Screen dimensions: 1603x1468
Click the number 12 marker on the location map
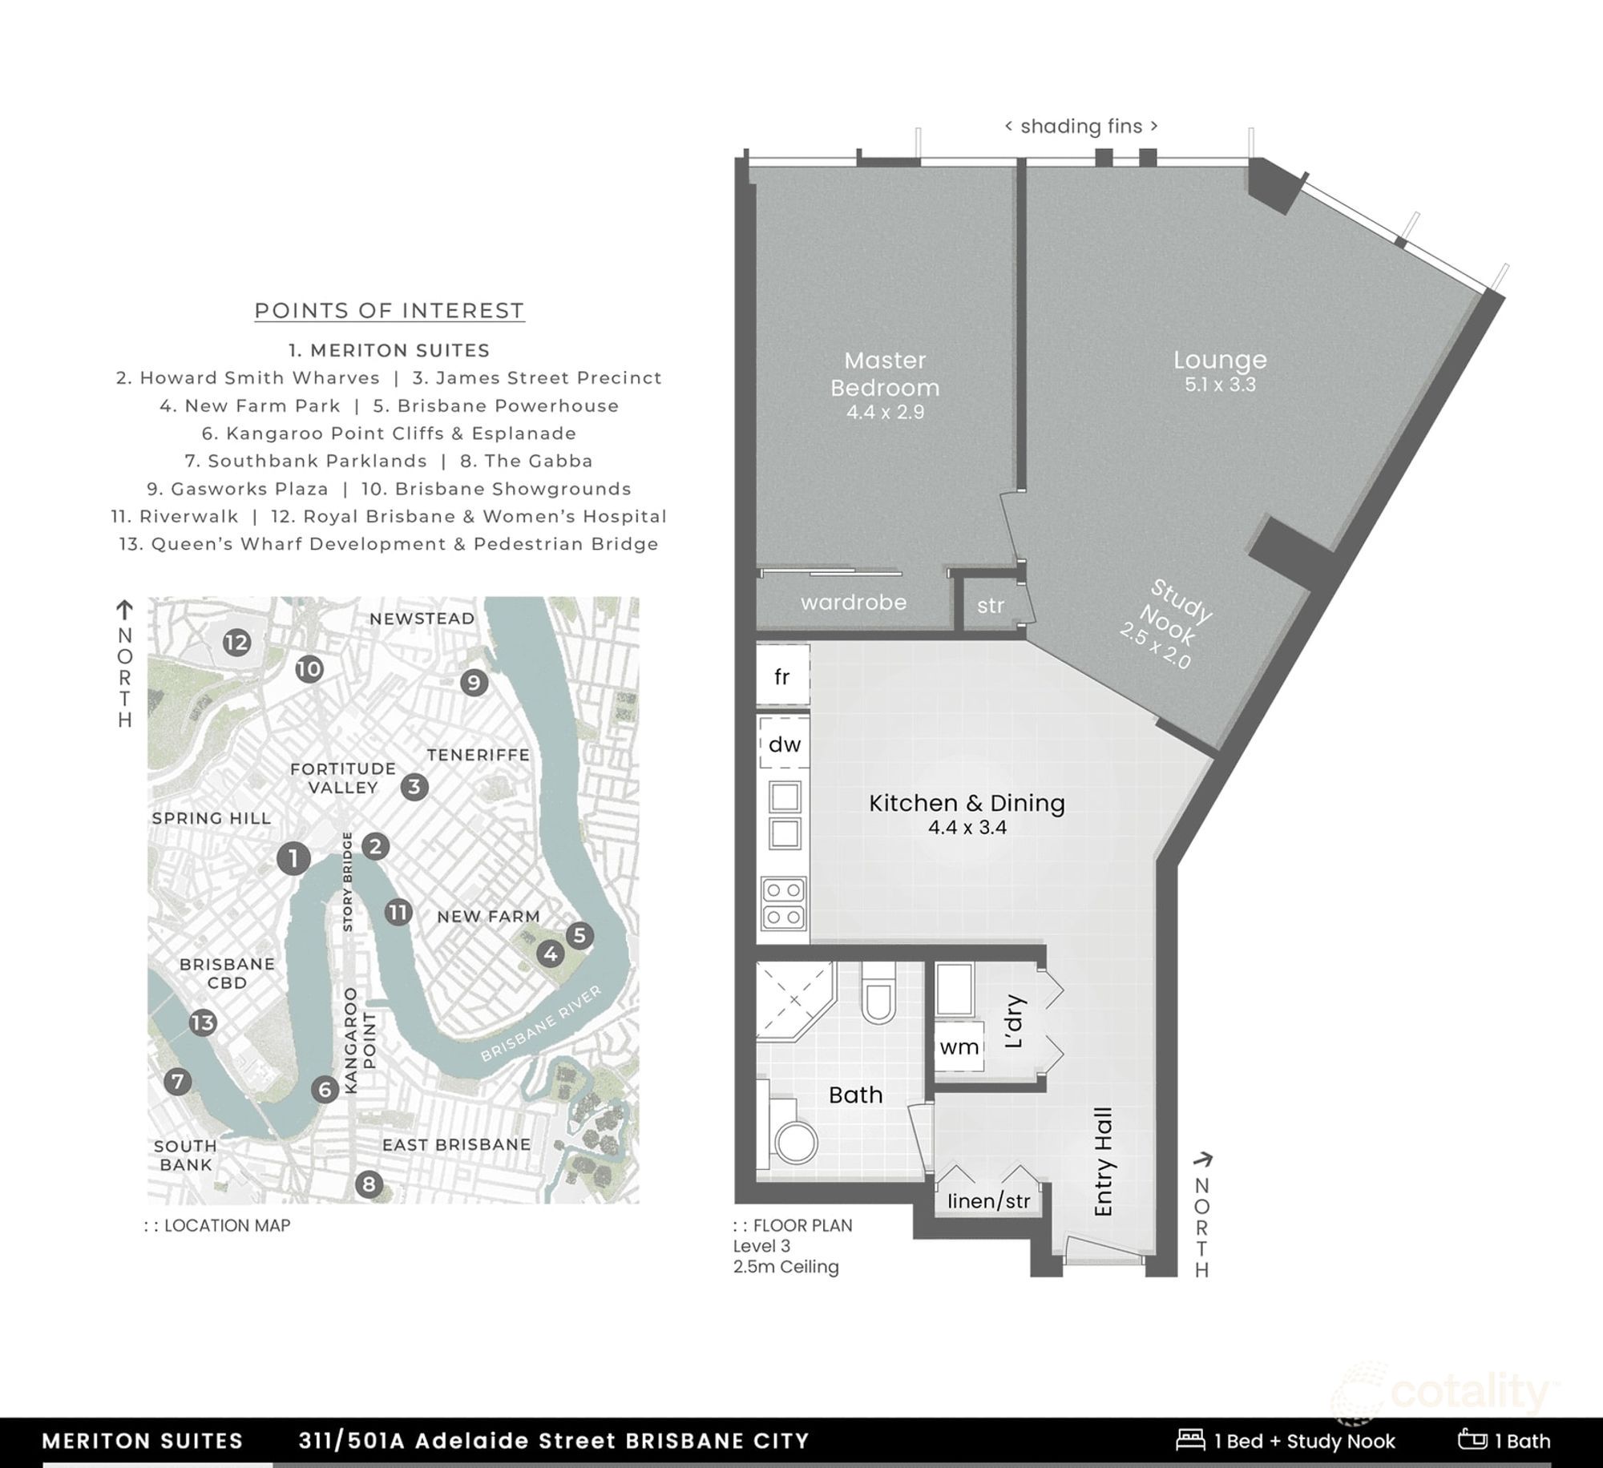click(x=236, y=643)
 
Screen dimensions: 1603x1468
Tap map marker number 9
click(x=474, y=683)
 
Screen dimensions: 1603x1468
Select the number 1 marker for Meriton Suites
click(x=293, y=858)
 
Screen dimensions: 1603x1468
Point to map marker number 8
click(x=369, y=1184)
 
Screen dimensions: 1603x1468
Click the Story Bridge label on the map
click(x=348, y=882)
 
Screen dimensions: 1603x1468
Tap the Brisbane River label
click(x=541, y=1024)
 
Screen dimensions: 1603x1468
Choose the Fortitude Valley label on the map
click(x=343, y=778)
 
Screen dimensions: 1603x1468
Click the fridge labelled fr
click(x=783, y=677)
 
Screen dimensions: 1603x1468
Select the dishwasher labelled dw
click(x=785, y=744)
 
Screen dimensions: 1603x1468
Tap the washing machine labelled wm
click(x=959, y=1047)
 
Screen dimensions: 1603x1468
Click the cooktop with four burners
click(x=784, y=903)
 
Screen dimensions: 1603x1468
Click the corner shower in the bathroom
click(x=796, y=1002)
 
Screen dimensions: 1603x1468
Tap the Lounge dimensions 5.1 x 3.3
click(x=1221, y=385)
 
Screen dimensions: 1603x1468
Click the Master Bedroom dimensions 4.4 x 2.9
click(x=885, y=413)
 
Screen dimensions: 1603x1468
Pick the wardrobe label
click(x=854, y=603)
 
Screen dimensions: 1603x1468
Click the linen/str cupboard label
click(x=989, y=1201)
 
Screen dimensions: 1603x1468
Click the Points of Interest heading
click(x=390, y=311)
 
